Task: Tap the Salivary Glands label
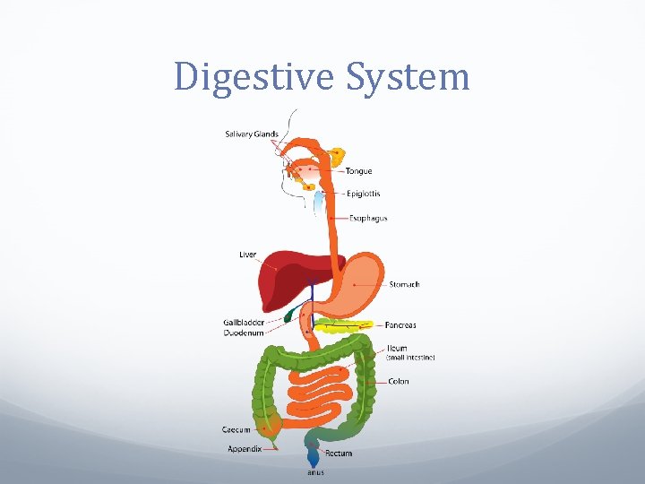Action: coord(251,134)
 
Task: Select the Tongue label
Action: coord(358,171)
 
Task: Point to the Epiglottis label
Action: coord(364,194)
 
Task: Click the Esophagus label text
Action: coord(369,218)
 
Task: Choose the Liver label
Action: coord(247,255)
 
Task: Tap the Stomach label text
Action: coord(404,285)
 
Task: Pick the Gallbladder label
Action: coord(244,323)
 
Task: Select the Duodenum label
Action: coord(244,333)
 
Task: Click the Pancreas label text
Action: coord(400,325)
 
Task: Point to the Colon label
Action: coord(399,382)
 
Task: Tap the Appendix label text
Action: coord(245,449)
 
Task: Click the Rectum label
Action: coord(339,454)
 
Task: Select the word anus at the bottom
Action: coord(315,472)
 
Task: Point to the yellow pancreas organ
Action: coord(345,324)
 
